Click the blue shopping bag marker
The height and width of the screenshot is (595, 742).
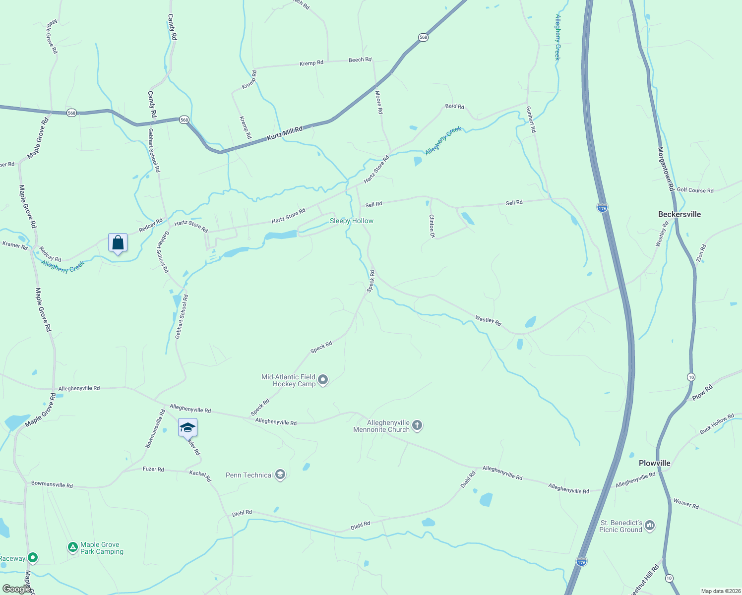(118, 243)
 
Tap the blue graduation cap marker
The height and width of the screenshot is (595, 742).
(187, 427)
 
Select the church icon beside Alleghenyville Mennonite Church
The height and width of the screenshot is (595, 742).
(417, 425)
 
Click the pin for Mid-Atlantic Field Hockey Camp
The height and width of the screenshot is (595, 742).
(323, 380)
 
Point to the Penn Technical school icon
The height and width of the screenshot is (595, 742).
(280, 475)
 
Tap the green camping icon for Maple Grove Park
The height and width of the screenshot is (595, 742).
(73, 547)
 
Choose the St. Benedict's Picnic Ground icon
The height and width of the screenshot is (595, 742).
(650, 526)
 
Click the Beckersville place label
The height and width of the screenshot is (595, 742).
(679, 214)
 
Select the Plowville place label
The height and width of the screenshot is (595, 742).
(654, 463)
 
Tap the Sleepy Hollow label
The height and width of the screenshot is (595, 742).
(352, 221)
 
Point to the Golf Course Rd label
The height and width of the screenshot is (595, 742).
(695, 190)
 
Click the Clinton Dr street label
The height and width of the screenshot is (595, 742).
(432, 226)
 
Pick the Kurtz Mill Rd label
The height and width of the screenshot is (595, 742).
(285, 133)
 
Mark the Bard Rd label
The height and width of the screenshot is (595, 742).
(454, 106)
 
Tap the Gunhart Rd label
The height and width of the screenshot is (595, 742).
(531, 119)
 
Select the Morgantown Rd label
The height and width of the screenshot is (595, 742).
(666, 169)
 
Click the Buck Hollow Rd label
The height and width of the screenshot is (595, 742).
(717, 424)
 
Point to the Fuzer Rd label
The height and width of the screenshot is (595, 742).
(153, 469)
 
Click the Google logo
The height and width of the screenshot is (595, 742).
(16, 589)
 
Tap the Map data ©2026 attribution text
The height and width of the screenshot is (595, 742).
(720, 591)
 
